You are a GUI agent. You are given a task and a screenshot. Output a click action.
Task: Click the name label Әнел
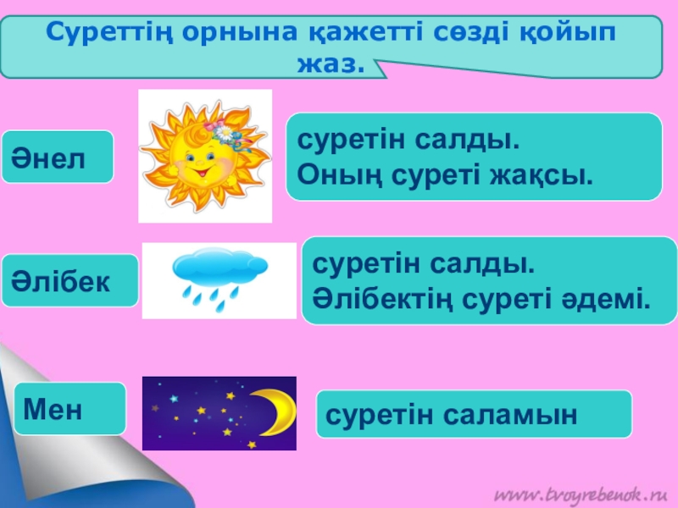57,157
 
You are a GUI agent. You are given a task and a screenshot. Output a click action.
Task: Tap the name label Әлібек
69,280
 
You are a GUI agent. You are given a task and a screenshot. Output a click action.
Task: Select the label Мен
69,410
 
